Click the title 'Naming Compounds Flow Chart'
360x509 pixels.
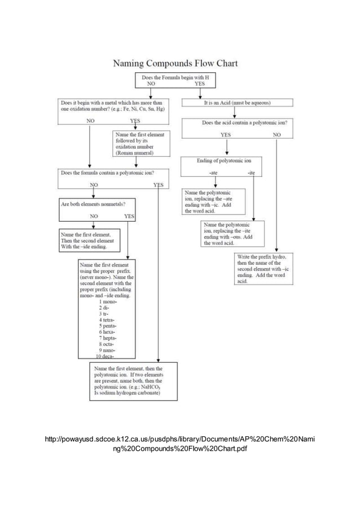tap(175, 63)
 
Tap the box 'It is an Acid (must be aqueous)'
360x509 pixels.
tap(237, 103)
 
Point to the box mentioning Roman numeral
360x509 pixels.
tap(133, 143)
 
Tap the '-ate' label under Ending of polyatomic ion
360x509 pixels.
tap(214, 173)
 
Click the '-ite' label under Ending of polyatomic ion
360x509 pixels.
tap(251, 173)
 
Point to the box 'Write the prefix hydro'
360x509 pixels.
tap(264, 269)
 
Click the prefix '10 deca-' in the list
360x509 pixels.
tap(107, 357)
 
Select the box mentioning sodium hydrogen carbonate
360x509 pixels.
tap(133, 381)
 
